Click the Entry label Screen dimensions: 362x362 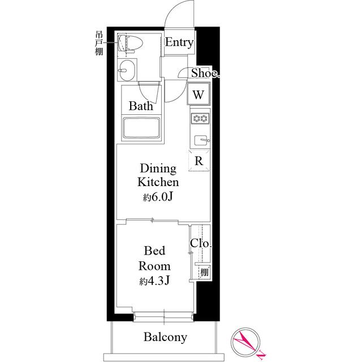(x=180, y=43)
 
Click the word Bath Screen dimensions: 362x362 (x=140, y=106)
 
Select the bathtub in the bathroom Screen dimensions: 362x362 (x=141, y=129)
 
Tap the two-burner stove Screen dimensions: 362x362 (x=200, y=119)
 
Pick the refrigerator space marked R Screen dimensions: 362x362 (x=199, y=161)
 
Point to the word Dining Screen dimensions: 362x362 (x=158, y=169)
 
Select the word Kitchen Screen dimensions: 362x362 (x=158, y=182)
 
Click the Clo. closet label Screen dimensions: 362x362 (x=201, y=244)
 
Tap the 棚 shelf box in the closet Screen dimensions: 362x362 (x=203, y=272)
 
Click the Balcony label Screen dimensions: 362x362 (x=165, y=337)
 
